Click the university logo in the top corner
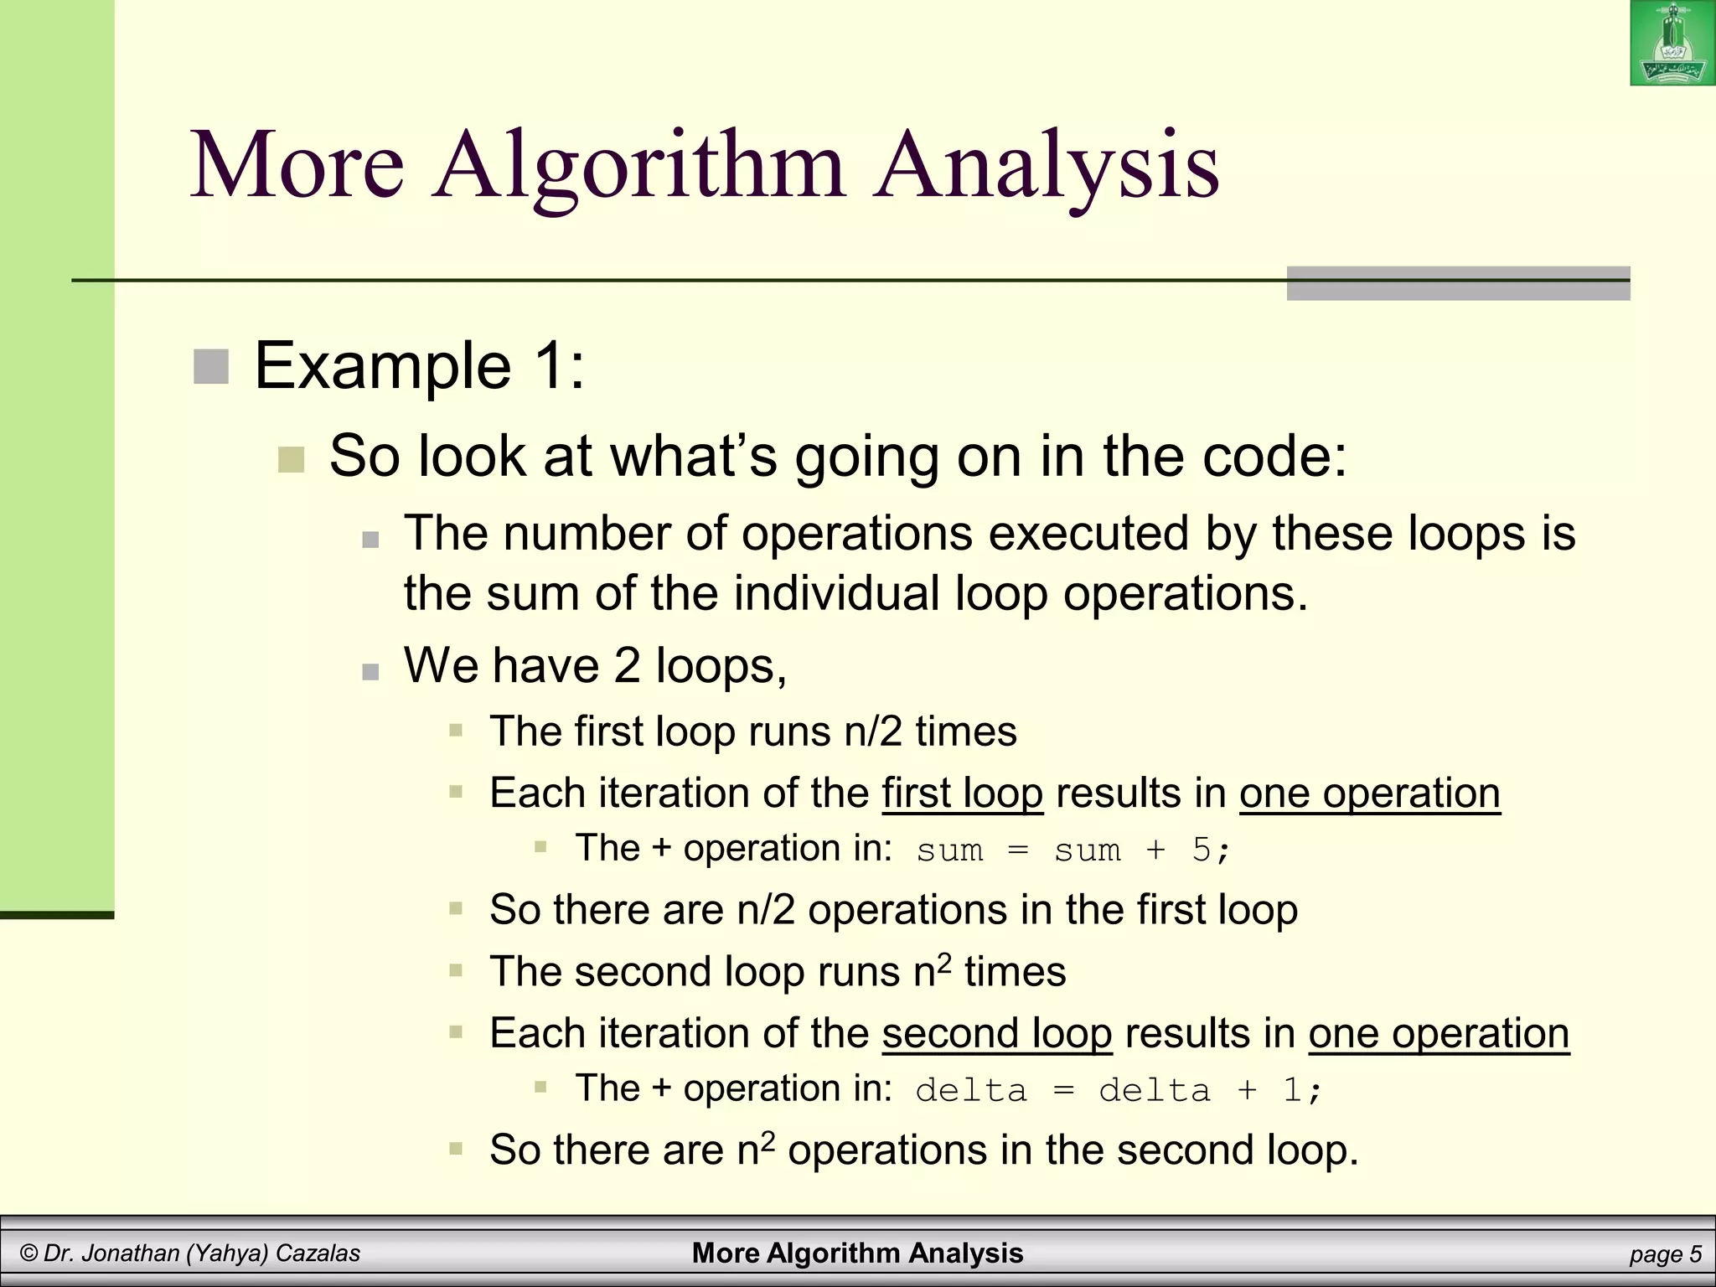pos(1672,43)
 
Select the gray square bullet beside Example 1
pos(211,367)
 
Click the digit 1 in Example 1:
pos(548,367)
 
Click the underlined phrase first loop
pos(962,793)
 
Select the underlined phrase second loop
pos(996,1033)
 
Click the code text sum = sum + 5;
pos(1072,850)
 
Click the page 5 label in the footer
pos(1665,1254)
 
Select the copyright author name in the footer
pos(190,1253)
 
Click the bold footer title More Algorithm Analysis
pos(857,1253)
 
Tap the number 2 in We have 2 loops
pos(627,666)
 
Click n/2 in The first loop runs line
pos(872,731)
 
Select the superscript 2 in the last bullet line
pos(768,1140)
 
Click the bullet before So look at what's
pos(291,460)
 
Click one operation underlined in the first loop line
pos(1369,793)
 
